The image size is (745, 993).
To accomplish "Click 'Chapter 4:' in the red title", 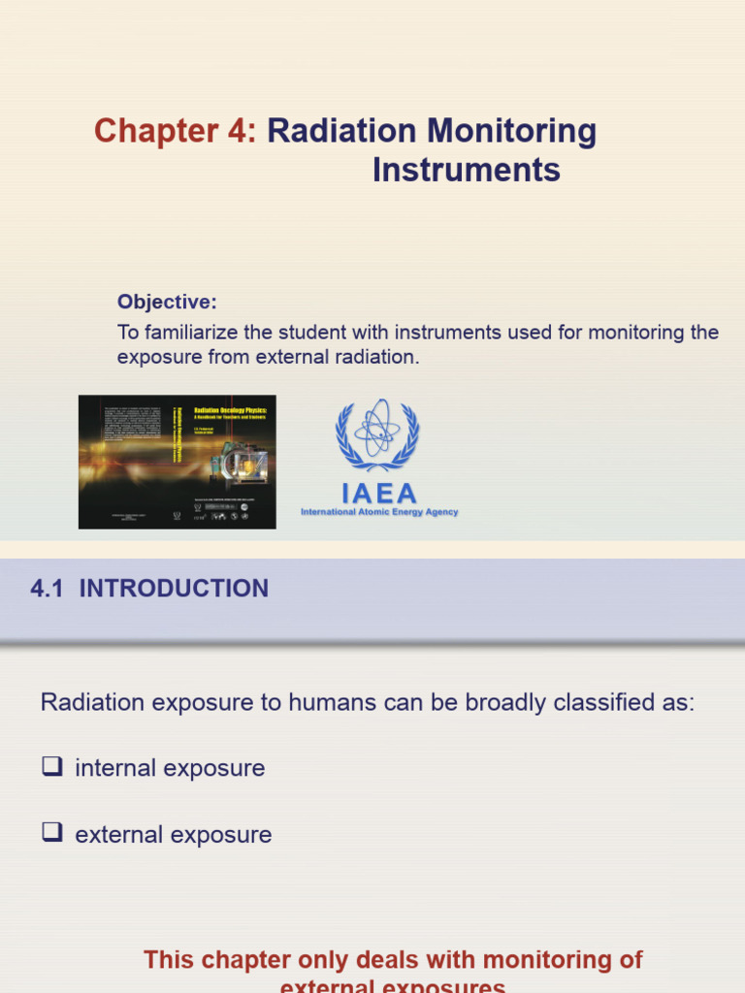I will (176, 131).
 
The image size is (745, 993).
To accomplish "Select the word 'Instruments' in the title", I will (467, 171).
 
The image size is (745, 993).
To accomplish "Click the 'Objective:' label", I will (167, 302).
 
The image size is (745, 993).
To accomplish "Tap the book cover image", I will (178, 462).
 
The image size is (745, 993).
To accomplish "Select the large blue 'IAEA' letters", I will (379, 493).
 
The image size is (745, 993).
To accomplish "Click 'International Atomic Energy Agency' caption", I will (379, 512).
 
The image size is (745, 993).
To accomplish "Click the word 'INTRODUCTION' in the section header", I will (174, 589).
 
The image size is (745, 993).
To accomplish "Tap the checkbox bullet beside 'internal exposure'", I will (51, 767).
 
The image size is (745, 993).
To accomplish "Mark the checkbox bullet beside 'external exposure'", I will (51, 834).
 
